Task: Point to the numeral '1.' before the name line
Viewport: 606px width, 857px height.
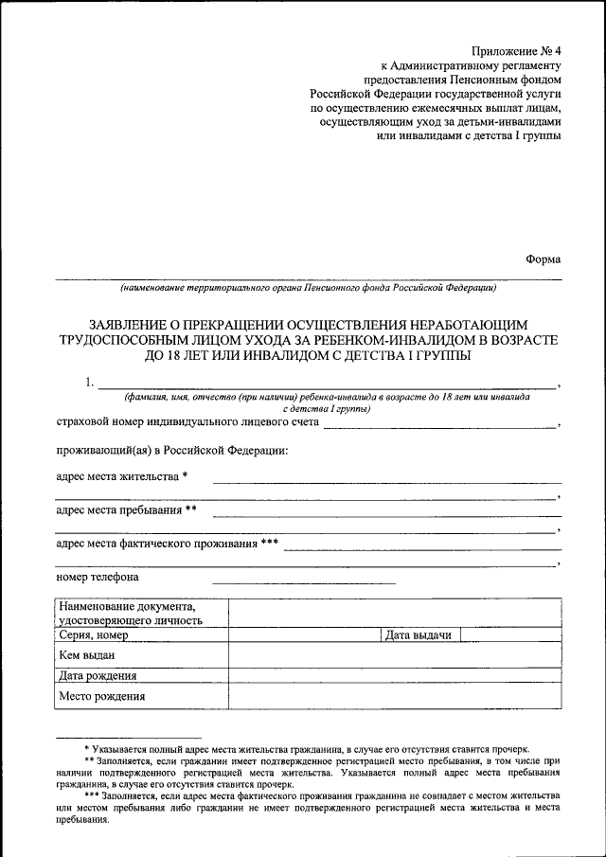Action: [x=89, y=383]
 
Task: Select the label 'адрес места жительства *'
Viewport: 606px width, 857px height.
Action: [x=122, y=476]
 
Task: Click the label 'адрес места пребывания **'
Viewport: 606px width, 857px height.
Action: [x=126, y=510]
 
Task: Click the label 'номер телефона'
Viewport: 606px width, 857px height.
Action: [x=98, y=577]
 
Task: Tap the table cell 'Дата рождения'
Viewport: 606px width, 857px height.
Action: [x=98, y=675]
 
